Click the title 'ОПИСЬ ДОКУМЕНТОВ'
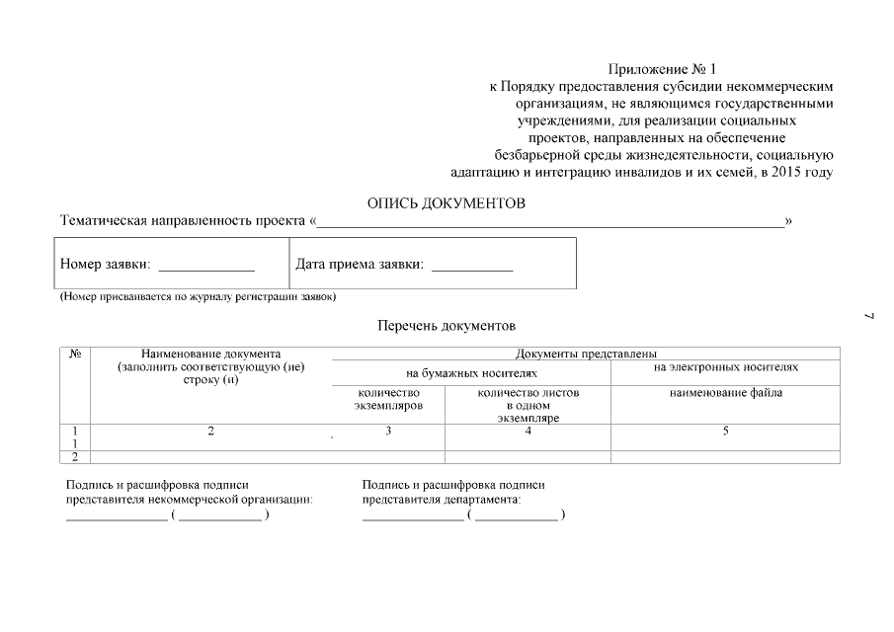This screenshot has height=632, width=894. pos(447,203)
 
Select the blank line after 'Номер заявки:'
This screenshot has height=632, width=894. pos(206,269)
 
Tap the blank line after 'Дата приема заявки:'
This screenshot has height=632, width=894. pos(472,269)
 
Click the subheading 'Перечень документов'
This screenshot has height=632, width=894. pos(447,325)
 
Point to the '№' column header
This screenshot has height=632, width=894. pos(75,354)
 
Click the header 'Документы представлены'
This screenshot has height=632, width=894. pos(586,354)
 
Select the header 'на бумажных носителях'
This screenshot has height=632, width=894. pos(471,373)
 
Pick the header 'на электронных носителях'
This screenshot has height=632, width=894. pos(725,367)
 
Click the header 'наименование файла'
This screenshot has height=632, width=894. pos(725,393)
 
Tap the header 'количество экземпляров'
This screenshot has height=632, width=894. pos(388,399)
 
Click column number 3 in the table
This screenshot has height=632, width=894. pos(388,431)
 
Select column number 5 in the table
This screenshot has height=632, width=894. pos(725,431)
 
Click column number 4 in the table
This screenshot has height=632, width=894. pos(528,431)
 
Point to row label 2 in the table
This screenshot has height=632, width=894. pos(75,456)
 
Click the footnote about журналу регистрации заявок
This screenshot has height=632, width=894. pos(198,296)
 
